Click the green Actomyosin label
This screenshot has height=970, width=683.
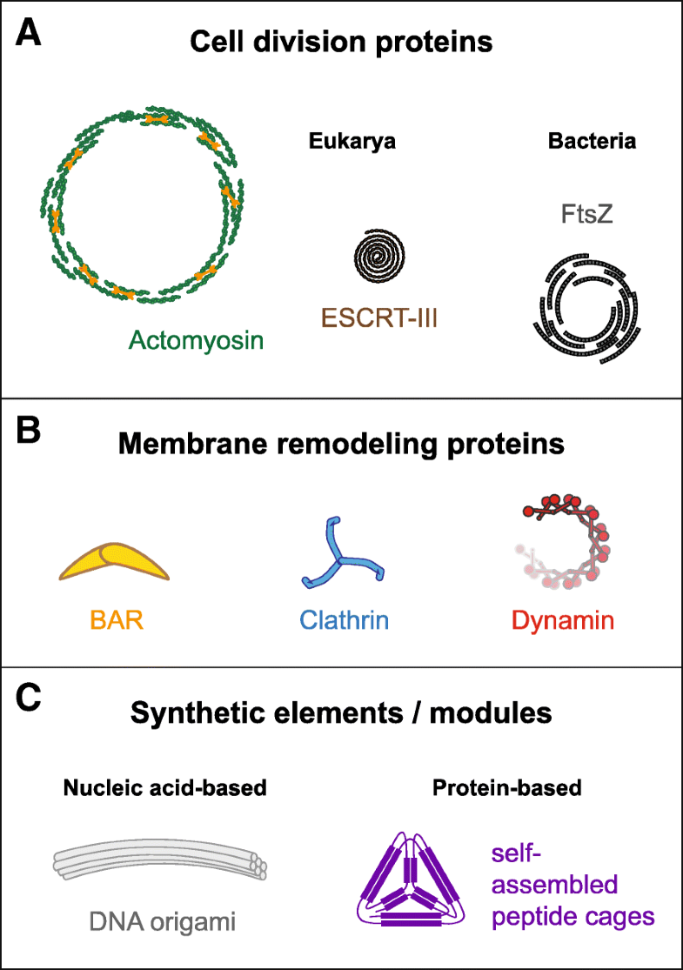pos(196,340)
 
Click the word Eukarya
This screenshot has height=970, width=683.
pos(351,143)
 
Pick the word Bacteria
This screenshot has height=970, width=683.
pos(592,142)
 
